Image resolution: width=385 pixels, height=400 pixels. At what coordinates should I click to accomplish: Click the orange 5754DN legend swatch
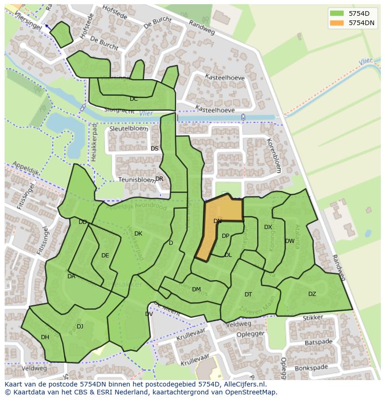(x=337, y=23)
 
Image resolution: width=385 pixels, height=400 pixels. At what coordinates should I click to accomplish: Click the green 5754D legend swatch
(x=337, y=13)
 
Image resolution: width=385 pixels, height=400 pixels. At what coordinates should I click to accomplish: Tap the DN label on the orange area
(x=218, y=221)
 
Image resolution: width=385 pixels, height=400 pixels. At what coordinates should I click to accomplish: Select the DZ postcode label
(x=312, y=294)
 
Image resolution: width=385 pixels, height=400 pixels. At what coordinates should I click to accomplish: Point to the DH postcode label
(x=45, y=337)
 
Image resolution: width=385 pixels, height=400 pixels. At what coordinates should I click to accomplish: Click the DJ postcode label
(x=80, y=327)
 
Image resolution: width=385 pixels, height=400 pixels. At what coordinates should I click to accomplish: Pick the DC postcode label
(x=134, y=99)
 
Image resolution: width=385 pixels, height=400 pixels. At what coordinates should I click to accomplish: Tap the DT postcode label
(x=248, y=295)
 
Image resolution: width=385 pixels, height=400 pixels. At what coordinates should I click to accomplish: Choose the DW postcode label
(x=290, y=241)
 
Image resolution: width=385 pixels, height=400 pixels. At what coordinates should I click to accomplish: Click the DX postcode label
(x=268, y=227)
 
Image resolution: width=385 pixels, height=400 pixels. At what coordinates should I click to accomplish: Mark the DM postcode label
(x=196, y=289)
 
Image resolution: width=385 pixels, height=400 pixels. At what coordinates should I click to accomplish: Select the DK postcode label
(x=138, y=234)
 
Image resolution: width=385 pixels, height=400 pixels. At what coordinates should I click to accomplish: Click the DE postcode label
(x=105, y=256)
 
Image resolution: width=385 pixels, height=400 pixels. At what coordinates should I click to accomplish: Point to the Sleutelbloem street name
(x=129, y=129)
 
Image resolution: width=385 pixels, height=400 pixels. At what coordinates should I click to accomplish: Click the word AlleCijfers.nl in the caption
(x=239, y=384)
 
